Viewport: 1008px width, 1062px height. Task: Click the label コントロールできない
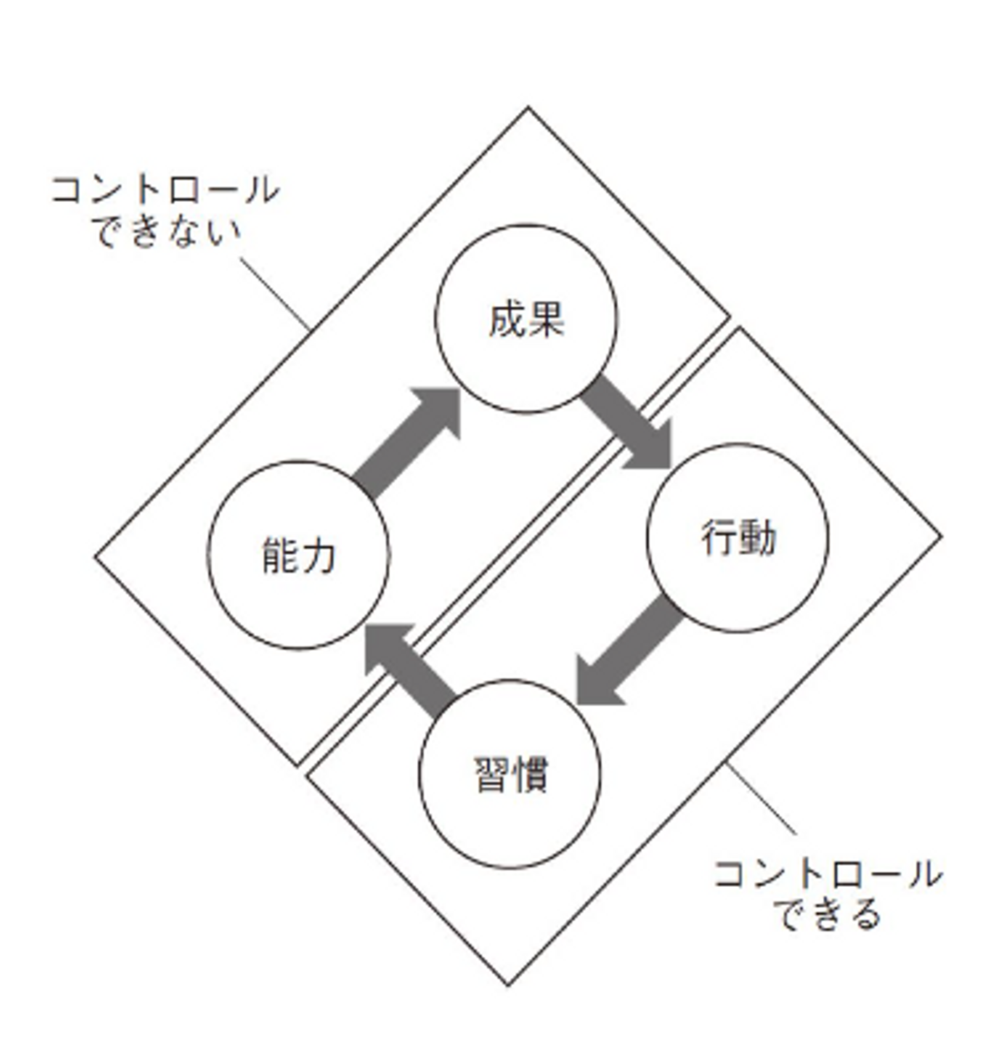(x=165, y=210)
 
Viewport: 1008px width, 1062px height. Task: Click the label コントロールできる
(x=827, y=894)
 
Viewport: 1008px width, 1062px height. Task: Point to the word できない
(x=167, y=231)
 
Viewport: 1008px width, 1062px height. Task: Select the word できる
(x=827, y=914)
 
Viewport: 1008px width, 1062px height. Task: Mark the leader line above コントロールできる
(x=762, y=799)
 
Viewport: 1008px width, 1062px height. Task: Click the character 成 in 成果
(x=507, y=321)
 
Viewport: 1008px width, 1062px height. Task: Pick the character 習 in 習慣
(x=491, y=775)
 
